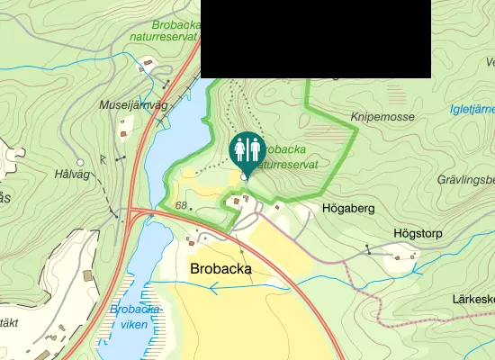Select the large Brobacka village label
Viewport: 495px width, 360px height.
pyautogui.click(x=220, y=268)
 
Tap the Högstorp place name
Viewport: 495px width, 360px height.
pyautogui.click(x=418, y=232)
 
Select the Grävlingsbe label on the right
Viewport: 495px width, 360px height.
pyautogui.click(x=465, y=179)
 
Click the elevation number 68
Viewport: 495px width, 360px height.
pyautogui.click(x=182, y=206)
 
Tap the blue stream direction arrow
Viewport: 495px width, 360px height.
pyautogui.click(x=213, y=288)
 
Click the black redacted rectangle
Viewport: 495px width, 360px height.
pyautogui.click(x=315, y=39)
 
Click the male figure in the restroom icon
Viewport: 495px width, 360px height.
pyautogui.click(x=239, y=149)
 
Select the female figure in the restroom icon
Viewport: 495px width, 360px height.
pyautogui.click(x=253, y=149)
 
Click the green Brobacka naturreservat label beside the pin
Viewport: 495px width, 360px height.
pyautogui.click(x=287, y=157)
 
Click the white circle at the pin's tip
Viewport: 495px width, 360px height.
pyautogui.click(x=246, y=177)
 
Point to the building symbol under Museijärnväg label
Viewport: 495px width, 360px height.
pyautogui.click(x=123, y=134)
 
